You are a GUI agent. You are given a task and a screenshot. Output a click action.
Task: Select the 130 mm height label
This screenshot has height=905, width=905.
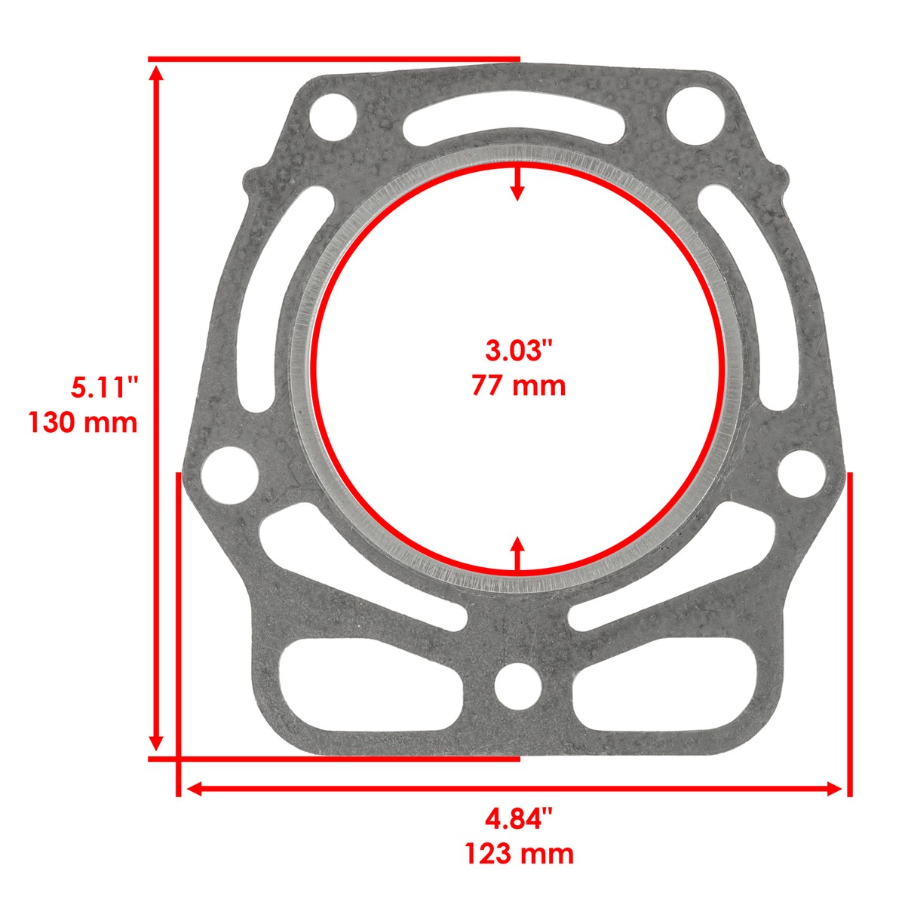coord(83,422)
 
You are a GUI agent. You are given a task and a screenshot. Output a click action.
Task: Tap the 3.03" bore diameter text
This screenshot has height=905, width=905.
coord(518,351)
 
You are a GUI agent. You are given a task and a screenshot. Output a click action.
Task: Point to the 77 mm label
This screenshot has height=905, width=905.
coord(518,385)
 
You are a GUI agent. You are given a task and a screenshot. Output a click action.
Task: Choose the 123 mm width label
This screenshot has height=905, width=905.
coord(518,854)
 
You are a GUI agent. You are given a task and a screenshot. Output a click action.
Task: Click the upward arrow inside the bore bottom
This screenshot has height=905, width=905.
coord(517,546)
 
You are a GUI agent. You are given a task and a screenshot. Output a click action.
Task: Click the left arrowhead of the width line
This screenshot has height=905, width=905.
coord(193,789)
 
